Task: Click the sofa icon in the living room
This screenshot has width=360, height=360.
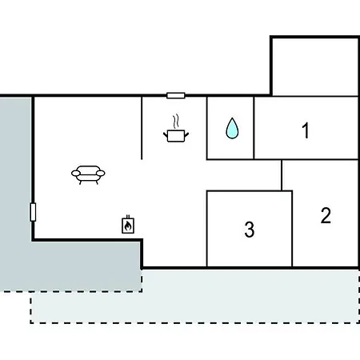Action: (88, 174)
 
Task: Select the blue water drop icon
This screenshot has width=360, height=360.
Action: (232, 128)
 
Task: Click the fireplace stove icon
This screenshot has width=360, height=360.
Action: (128, 225)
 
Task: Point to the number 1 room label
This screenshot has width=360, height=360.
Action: (306, 130)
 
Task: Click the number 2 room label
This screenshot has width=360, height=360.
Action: (326, 215)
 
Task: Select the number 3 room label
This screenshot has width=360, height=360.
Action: (250, 230)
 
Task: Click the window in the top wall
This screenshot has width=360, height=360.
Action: (176, 95)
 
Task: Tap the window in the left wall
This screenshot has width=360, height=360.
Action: (33, 212)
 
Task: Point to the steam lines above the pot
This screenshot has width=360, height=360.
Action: (175, 122)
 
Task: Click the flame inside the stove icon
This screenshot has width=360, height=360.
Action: (128, 226)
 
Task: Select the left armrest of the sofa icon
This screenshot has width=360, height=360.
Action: (76, 174)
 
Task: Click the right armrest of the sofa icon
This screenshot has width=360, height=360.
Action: (100, 174)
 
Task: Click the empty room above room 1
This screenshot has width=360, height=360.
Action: (314, 66)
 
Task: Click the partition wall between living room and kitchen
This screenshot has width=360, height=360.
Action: (142, 128)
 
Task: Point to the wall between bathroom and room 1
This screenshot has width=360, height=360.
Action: (254, 128)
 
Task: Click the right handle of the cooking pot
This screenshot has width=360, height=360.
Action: (186, 134)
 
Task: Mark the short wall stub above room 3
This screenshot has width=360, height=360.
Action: (282, 175)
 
